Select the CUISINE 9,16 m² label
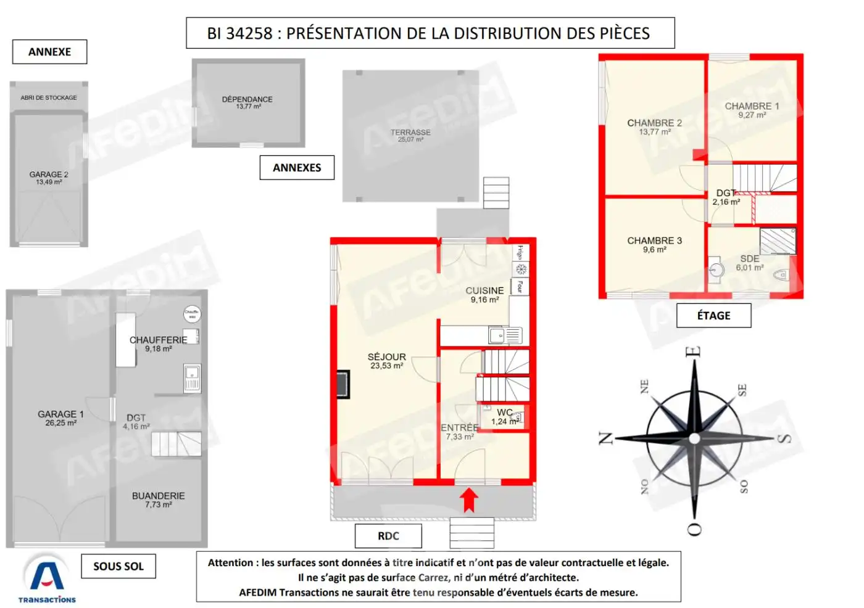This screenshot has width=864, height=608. click(x=484, y=295)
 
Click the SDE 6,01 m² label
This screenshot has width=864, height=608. click(x=750, y=263)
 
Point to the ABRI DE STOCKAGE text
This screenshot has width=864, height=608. click(x=49, y=97)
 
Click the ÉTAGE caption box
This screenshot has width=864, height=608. click(x=713, y=316)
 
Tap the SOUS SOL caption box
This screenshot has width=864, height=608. click(x=118, y=566)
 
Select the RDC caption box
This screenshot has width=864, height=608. click(x=388, y=536)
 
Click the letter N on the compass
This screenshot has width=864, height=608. click(x=606, y=438)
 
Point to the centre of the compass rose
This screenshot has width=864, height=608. click(x=694, y=438)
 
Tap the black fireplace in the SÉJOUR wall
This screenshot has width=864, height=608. click(x=343, y=384)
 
